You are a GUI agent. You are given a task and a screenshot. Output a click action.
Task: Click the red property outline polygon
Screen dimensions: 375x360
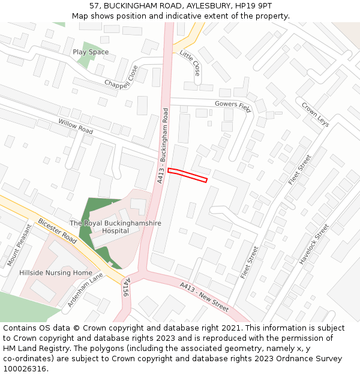click(187, 175)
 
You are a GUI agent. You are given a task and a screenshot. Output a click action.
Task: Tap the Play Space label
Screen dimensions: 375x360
click(91, 52)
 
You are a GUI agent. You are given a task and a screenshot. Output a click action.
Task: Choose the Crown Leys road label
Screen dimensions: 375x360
click(315, 114)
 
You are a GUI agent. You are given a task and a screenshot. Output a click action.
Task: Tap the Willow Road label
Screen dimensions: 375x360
click(76, 127)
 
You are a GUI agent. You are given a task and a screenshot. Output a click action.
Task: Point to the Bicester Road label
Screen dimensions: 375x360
click(58, 230)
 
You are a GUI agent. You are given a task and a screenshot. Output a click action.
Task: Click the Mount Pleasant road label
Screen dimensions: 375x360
click(19, 245)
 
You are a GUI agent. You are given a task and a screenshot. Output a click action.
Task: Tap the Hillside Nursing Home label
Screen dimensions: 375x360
click(56, 272)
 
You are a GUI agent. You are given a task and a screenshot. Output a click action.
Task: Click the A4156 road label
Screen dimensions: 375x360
click(125, 287)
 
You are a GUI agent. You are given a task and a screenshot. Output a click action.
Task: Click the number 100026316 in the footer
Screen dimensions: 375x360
click(25, 368)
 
